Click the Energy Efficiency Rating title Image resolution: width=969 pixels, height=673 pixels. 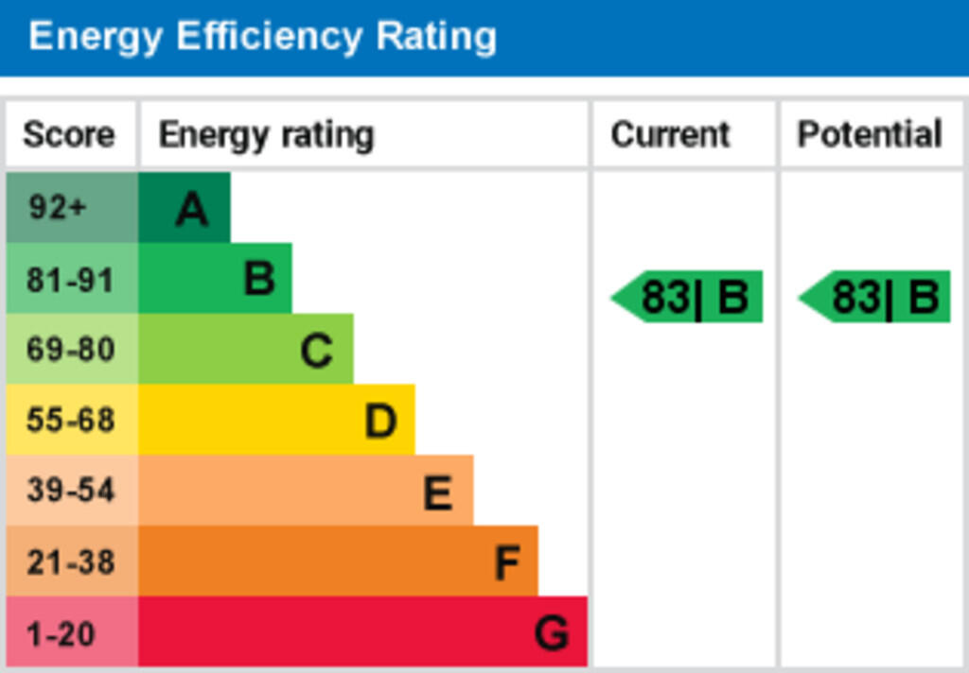click(262, 37)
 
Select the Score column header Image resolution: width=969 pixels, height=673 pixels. click(69, 134)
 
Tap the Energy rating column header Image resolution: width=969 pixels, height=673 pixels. click(266, 135)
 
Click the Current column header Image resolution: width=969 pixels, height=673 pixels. click(670, 134)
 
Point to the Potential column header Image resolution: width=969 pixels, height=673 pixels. click(869, 134)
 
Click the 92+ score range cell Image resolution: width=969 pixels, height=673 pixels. click(59, 207)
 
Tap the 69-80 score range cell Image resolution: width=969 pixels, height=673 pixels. click(70, 350)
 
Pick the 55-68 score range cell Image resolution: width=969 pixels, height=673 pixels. click(70, 420)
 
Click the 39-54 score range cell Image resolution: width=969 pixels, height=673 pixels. click(70, 491)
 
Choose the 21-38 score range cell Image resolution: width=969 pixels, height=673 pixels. click(70, 561)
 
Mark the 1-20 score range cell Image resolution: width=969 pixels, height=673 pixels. click(62, 632)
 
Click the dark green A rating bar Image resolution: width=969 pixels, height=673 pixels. click(185, 208)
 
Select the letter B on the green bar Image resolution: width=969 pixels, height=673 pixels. click(258, 280)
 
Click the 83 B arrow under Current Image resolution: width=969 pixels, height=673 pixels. click(688, 298)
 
